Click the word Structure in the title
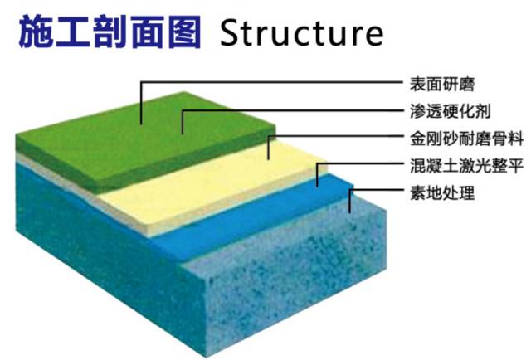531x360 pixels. [301, 32]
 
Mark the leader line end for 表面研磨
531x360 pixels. [141, 123]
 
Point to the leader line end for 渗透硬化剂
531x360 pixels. [182, 133]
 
